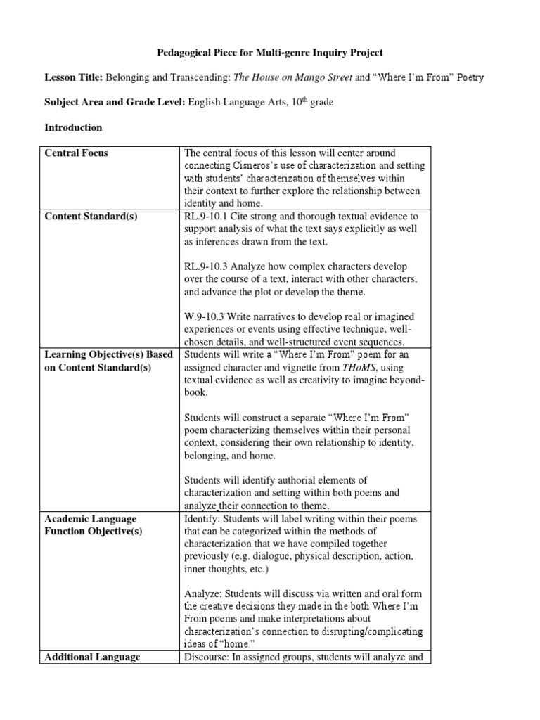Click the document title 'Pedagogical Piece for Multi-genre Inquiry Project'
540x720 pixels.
tap(270, 53)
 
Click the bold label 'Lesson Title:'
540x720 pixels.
tap(74, 77)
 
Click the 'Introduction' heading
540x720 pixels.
tap(73, 128)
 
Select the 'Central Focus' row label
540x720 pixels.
tap(77, 153)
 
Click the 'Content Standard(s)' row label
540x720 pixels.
tap(91, 216)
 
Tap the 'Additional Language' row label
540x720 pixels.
tap(92, 657)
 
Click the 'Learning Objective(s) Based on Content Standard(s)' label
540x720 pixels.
tap(108, 361)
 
